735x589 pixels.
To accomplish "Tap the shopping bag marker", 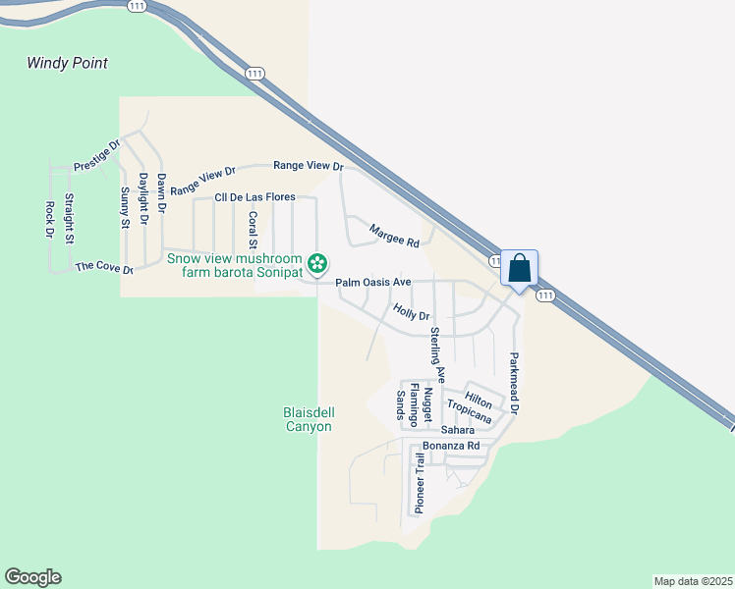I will (x=519, y=268).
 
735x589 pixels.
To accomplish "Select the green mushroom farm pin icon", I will (x=317, y=263).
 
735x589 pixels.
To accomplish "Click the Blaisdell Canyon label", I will (x=309, y=419).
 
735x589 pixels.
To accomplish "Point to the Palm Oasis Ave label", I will (x=372, y=282).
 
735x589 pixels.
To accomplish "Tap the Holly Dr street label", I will (x=412, y=313).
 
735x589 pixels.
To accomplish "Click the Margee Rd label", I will (x=394, y=236).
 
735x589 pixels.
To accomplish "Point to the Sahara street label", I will (x=457, y=430).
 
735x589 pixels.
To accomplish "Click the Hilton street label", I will (x=479, y=400).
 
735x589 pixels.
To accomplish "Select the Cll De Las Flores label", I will (x=254, y=197).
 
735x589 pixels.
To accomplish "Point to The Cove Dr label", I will (x=103, y=266).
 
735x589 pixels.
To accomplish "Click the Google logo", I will (x=32, y=577).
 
